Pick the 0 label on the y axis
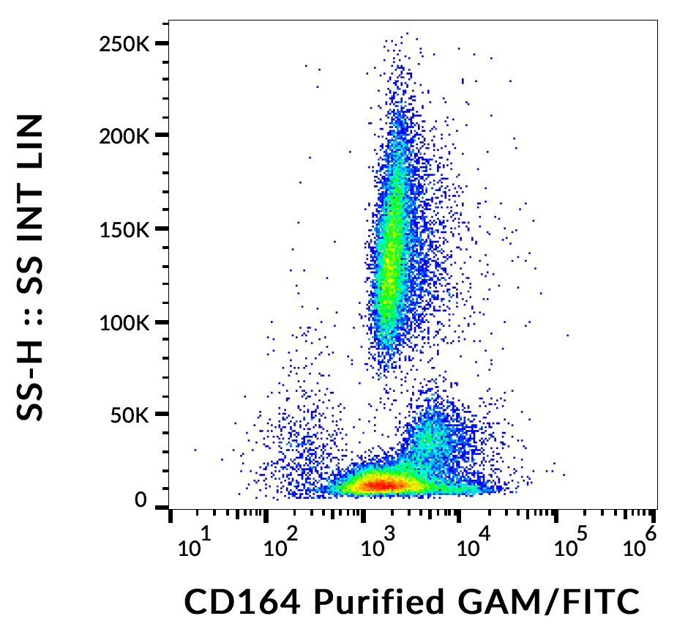141,501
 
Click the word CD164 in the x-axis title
242,602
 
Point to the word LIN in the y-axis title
31,147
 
